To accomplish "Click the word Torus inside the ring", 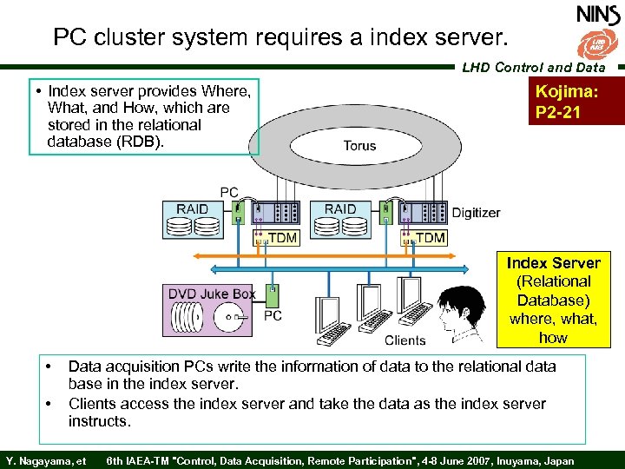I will pyautogui.click(x=359, y=145).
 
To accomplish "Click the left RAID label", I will pyautogui.click(x=192, y=209).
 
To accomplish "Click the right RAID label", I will pyautogui.click(x=340, y=209).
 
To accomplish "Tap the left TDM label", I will pyautogui.click(x=282, y=238).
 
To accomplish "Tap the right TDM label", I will pyautogui.click(x=431, y=238).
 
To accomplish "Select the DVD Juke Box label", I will pyautogui.click(x=212, y=294).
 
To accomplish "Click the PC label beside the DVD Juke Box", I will pyautogui.click(x=273, y=315).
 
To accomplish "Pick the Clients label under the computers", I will pyautogui.click(x=405, y=340).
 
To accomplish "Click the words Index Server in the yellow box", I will pyautogui.click(x=553, y=263).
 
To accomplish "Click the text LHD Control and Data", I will pyautogui.click(x=534, y=67).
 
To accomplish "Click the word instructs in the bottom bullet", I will pyautogui.click(x=100, y=421).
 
